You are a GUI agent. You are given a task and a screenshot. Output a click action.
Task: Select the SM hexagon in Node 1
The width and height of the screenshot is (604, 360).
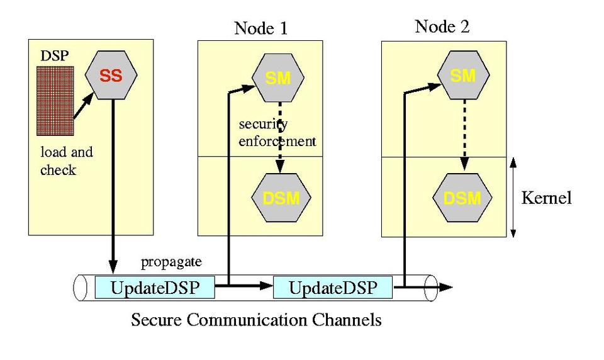pos(277,77)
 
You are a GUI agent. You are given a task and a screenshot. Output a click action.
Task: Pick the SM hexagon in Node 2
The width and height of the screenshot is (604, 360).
pos(463,76)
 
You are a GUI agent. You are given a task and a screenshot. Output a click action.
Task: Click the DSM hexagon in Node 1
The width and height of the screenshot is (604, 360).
pos(277,198)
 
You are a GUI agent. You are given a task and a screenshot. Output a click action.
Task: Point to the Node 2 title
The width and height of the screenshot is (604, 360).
pos(442,26)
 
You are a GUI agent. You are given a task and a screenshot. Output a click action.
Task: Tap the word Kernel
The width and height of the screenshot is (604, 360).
pos(547,198)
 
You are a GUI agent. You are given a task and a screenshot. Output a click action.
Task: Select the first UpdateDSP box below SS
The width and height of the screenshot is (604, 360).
pos(154,288)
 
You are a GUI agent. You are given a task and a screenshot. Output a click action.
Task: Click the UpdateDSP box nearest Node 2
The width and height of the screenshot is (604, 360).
pos(332,288)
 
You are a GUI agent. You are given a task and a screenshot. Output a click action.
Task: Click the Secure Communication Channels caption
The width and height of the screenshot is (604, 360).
pos(256,320)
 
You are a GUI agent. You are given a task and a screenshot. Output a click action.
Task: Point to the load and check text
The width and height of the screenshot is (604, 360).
pos(66,162)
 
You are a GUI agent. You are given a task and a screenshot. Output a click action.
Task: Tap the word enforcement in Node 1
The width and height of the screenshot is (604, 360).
pos(277,142)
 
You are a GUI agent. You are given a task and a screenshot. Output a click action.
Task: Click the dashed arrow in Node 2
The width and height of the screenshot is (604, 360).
pos(464,135)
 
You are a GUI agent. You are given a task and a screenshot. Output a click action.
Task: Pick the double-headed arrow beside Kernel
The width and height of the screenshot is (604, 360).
pos(513,197)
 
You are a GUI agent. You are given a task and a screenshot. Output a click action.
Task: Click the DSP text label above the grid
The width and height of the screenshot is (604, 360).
pos(52,56)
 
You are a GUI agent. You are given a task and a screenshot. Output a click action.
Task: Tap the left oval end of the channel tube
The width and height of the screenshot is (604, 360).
pos(80,288)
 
